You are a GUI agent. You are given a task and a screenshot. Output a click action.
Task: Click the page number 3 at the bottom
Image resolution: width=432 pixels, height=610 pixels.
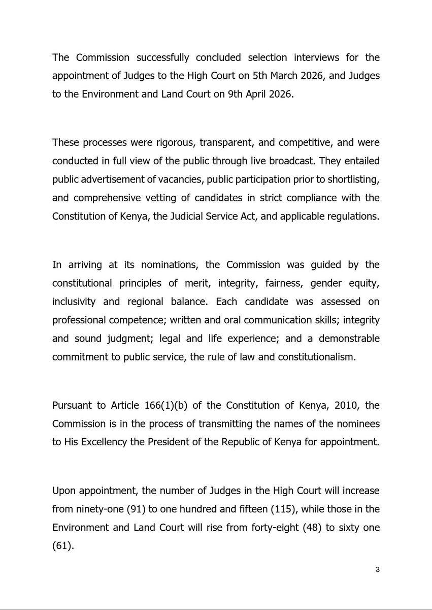click(x=377, y=569)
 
